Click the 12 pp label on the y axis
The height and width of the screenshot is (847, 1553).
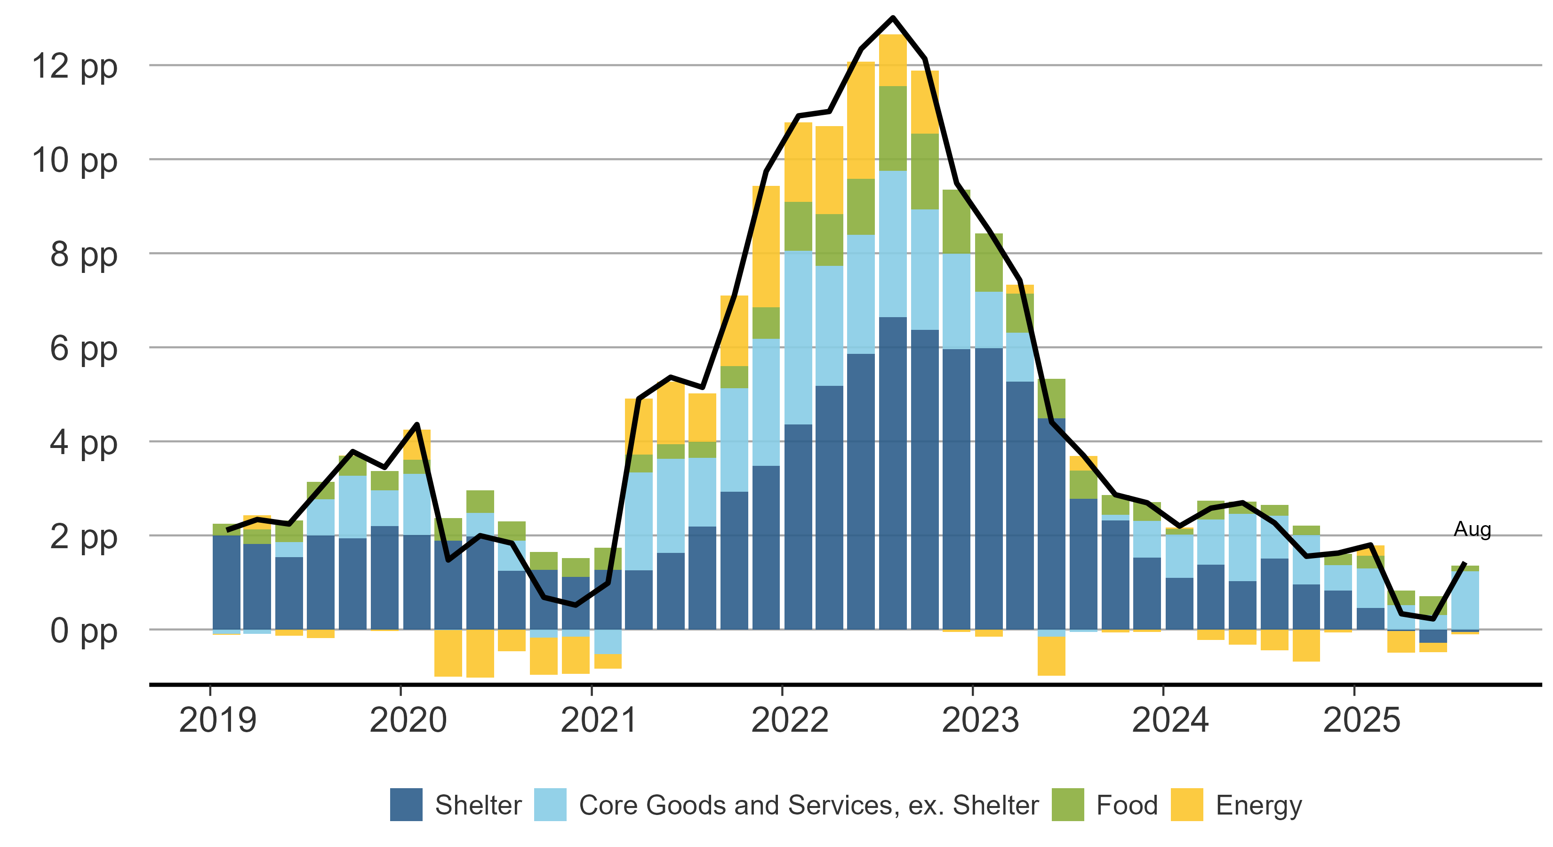coord(75,67)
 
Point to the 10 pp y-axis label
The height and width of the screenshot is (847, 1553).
coord(75,161)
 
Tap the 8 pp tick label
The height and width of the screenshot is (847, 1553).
coord(83,256)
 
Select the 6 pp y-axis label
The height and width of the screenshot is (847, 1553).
coord(83,350)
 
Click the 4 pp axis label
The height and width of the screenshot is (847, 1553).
coord(83,444)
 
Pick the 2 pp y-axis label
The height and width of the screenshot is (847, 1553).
coord(83,538)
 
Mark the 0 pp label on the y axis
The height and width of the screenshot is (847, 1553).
coord(83,632)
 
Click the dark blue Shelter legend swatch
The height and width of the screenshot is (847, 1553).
coord(406,804)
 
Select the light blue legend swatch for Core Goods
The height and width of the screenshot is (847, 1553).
coord(550,804)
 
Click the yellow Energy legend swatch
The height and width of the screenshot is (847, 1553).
coord(1186,804)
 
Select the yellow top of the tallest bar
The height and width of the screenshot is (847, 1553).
coord(892,60)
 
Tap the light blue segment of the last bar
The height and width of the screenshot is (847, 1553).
coord(1465,600)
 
